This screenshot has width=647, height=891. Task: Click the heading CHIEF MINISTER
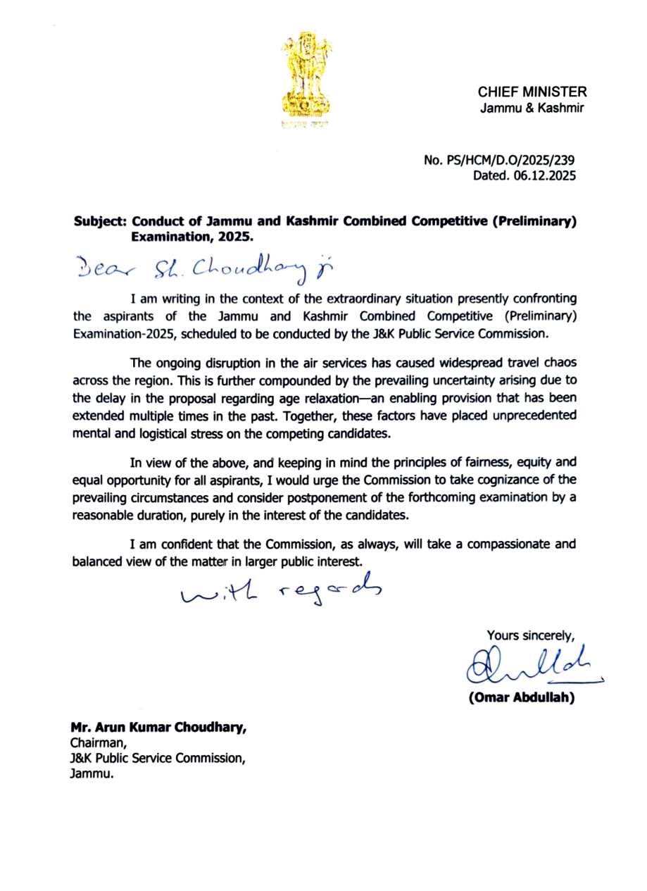tap(532, 92)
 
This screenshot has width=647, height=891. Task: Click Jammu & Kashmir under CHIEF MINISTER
tap(532, 108)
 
